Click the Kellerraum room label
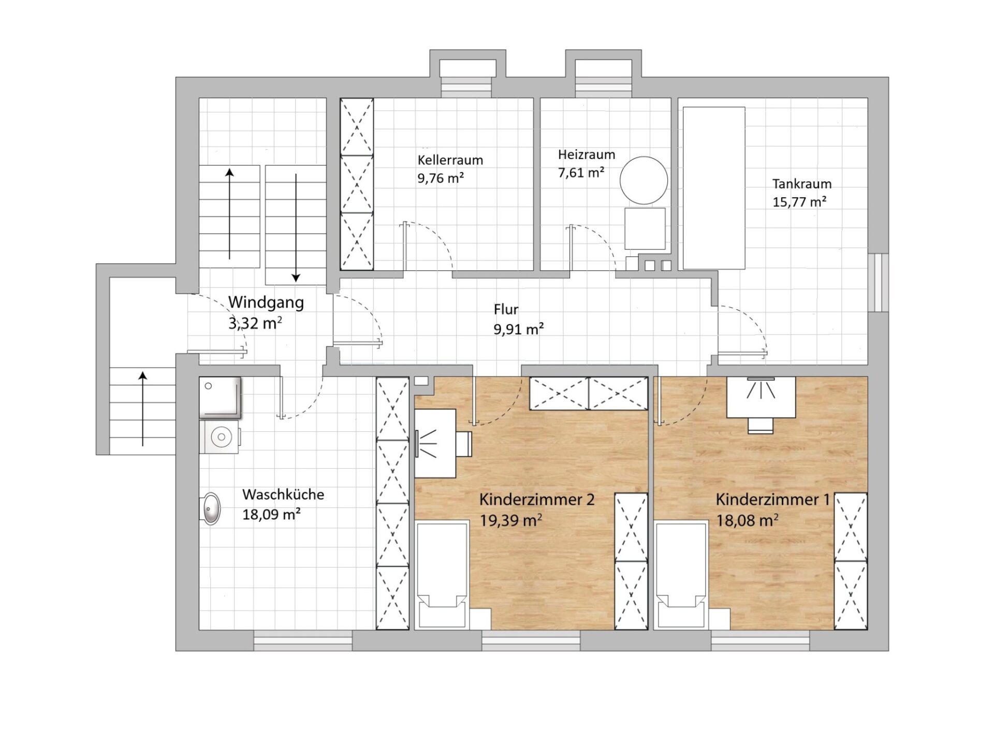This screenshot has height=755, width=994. (450, 160)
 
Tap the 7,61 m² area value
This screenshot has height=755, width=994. (581, 172)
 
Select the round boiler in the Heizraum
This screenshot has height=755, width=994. (644, 180)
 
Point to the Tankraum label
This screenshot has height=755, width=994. (802, 184)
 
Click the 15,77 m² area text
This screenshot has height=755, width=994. (799, 201)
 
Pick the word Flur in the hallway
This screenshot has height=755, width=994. (506, 310)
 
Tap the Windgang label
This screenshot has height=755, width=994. (266, 302)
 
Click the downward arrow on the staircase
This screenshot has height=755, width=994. (296, 228)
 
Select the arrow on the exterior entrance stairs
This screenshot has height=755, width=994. (143, 409)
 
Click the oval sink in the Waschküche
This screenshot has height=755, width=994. (211, 509)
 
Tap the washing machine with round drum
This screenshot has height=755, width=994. (220, 437)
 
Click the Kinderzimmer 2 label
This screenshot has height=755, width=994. (537, 500)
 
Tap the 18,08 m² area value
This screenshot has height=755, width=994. (747, 520)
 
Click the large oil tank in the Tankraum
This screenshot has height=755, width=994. (714, 188)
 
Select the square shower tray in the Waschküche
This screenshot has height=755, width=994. (221, 398)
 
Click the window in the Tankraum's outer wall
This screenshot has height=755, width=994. (878, 282)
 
